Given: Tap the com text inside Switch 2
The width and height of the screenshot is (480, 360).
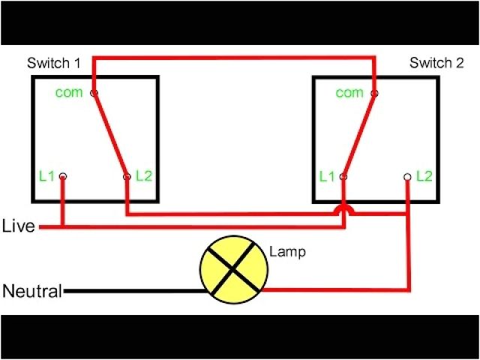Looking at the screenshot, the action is tap(349, 93).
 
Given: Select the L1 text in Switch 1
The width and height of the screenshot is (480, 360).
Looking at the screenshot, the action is tap(46, 177).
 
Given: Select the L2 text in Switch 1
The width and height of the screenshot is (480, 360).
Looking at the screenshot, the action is tap(143, 177).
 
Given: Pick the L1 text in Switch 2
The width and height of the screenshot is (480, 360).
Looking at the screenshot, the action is tap(327, 177).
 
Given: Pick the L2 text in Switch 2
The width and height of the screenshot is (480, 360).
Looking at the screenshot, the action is tap(424, 177).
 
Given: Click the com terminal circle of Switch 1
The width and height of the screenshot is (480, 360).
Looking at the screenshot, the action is tap(94, 94).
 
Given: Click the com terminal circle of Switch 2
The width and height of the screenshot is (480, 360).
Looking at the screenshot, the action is tap(373, 94).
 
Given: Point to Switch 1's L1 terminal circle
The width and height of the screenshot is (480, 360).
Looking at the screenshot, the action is tap(62, 177).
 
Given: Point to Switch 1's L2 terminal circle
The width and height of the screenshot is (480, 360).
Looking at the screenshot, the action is tap(126, 177).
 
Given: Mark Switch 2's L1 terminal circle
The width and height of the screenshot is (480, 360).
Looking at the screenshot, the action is tap(343, 177).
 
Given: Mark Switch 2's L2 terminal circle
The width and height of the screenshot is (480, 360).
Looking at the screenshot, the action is tap(407, 177).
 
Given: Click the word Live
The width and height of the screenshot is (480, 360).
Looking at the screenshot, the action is tap(19, 226).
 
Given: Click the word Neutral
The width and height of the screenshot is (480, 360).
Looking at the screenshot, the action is tap(32, 291).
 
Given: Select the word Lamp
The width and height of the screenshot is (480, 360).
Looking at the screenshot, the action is tap(288, 253).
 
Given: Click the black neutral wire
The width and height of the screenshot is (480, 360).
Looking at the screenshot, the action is tap(135, 291).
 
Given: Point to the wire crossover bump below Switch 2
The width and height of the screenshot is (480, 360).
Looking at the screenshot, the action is tap(344, 209).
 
